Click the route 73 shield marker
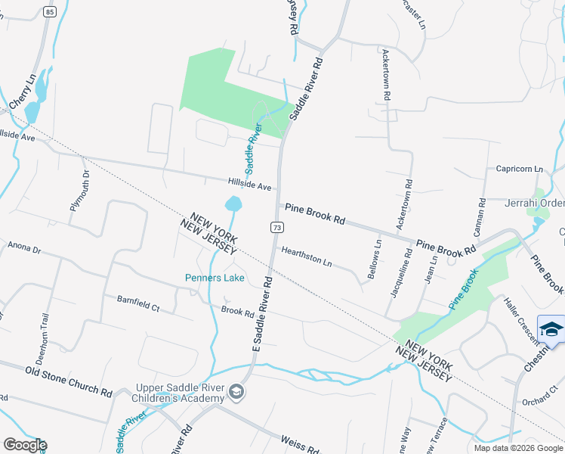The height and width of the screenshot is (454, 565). [x=277, y=227]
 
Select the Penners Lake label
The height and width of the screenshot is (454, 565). [x=215, y=278]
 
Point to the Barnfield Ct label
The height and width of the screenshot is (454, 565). [x=138, y=303]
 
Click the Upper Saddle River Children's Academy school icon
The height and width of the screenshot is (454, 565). [x=236, y=391]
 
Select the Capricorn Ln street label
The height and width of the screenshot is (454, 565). [x=520, y=169]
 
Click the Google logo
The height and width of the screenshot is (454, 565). [x=24, y=444]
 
